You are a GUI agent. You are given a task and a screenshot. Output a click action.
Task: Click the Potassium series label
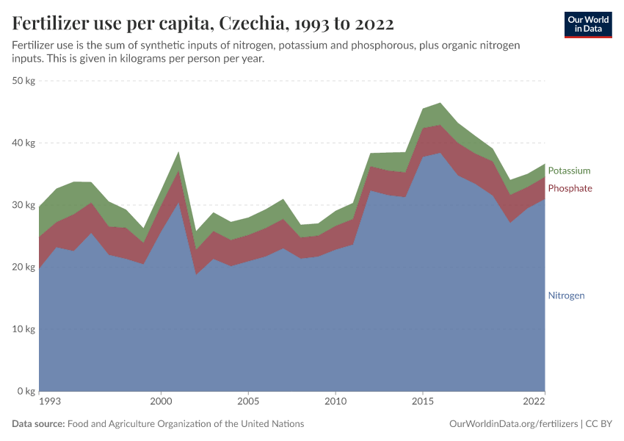569,171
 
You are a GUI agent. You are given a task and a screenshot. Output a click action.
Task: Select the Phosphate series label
570,188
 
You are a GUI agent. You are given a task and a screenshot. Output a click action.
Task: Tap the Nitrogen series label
566,295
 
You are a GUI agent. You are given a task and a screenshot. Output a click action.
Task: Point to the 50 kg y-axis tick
24,81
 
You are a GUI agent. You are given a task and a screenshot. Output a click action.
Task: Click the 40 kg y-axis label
24,143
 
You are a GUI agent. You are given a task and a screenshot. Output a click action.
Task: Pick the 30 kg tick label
24,205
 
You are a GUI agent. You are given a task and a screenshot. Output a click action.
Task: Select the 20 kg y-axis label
24,268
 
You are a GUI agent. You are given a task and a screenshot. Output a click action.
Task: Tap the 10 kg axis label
24,329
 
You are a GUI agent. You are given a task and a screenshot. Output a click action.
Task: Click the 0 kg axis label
26,391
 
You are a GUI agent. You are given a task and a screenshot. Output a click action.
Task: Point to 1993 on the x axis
50,403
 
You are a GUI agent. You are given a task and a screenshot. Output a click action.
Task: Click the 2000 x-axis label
161,403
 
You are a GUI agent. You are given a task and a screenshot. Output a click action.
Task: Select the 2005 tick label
248,403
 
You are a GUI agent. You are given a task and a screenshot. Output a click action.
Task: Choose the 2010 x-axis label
335,403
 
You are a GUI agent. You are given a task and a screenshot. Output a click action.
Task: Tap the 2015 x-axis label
423,403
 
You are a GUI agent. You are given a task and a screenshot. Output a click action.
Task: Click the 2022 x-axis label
534,403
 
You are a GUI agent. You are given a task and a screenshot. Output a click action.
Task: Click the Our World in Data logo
588,24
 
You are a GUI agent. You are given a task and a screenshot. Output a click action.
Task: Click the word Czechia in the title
250,24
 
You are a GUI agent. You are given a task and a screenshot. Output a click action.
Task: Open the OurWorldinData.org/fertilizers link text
512,424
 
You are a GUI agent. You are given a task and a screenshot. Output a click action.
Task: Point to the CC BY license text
598,424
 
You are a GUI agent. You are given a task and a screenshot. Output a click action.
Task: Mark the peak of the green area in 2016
440,103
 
